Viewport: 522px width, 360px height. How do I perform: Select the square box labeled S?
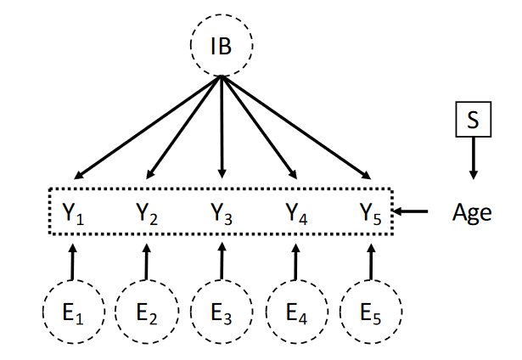point(473,120)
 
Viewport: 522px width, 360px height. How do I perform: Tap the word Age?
point(471,211)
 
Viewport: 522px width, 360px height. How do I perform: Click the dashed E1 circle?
point(73,312)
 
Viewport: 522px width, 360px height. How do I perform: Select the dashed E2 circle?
point(146,312)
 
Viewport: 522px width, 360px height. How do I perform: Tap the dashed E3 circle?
point(221,312)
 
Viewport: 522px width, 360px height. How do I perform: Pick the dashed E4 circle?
point(295,312)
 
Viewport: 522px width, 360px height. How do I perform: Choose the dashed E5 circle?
point(370,312)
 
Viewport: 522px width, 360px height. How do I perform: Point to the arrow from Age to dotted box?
point(414,211)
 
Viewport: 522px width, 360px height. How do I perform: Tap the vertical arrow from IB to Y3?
point(222,127)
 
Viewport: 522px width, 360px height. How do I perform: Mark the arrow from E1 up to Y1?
point(73,260)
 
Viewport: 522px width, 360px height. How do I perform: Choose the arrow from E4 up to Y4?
point(295,260)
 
